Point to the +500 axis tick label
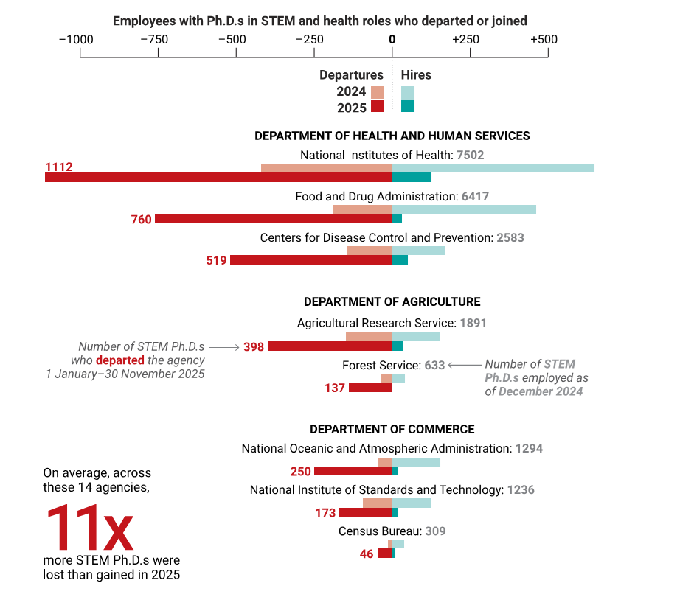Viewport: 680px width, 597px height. (x=544, y=39)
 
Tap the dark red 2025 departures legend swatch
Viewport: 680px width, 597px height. (x=377, y=106)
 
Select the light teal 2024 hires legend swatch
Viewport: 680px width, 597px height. (x=408, y=93)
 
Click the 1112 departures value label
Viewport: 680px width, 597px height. (x=59, y=167)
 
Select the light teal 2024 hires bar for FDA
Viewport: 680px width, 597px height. (x=464, y=209)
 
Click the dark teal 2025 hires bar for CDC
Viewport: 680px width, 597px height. (x=400, y=260)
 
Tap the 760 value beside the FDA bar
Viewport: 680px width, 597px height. (x=141, y=220)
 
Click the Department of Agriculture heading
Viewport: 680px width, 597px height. (x=392, y=302)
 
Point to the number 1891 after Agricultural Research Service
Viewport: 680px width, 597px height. (x=473, y=323)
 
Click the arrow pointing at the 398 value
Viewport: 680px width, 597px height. (x=223, y=346)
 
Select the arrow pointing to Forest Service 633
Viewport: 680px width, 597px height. (x=464, y=365)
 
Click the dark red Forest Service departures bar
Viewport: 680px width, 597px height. (x=370, y=388)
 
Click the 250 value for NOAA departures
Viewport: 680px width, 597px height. (x=301, y=472)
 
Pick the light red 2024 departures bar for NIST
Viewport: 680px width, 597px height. (x=378, y=503)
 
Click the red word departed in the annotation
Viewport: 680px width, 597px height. (x=122, y=360)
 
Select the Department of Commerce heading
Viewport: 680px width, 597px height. (x=392, y=430)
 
